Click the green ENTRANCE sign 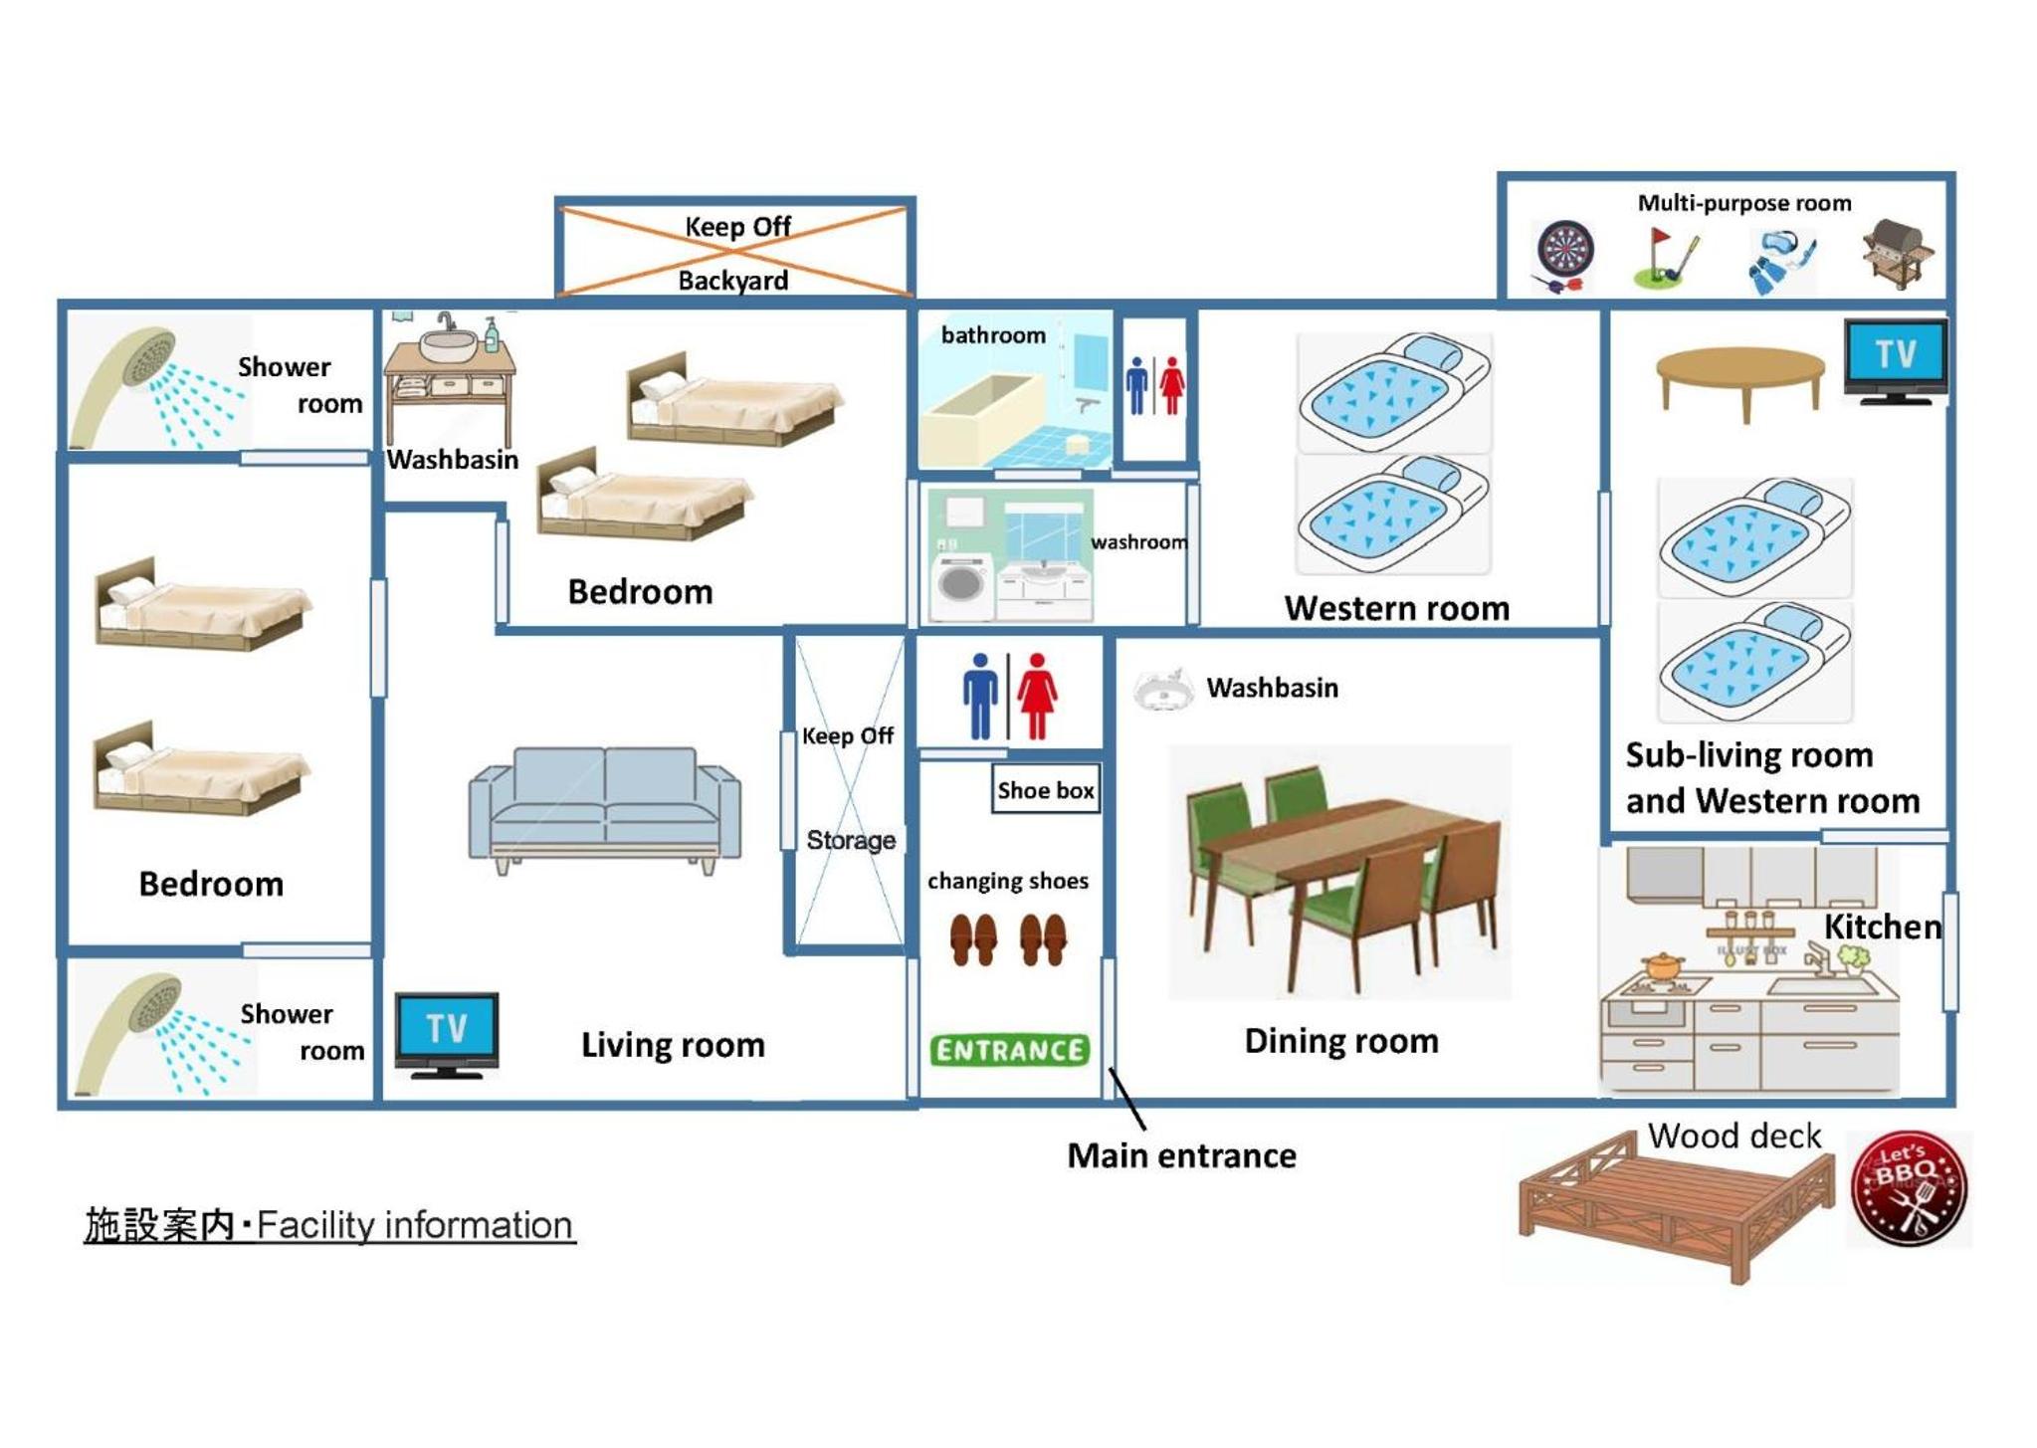click(x=1009, y=1050)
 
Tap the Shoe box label click(x=1046, y=790)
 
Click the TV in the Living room click(x=447, y=1035)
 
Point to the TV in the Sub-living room click(x=1896, y=361)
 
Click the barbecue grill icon click(x=1899, y=255)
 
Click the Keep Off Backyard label click(x=736, y=253)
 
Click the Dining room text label click(x=1341, y=1041)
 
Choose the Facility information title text click(x=329, y=1225)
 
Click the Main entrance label click(x=1181, y=1155)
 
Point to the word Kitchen click(x=1882, y=927)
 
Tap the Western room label click(x=1397, y=608)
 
